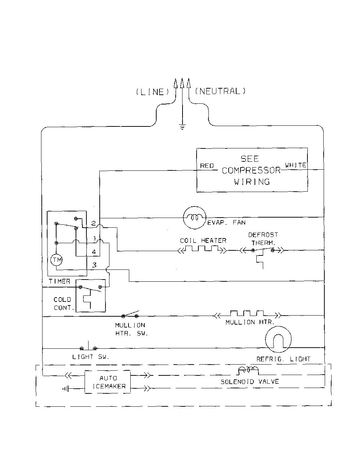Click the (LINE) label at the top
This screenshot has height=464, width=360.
coord(152,92)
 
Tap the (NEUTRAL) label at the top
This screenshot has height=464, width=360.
coord(220,91)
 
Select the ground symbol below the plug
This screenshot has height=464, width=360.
coord(182,127)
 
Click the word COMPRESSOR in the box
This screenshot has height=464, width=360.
coord(251,170)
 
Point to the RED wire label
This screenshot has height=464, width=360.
coord(207,166)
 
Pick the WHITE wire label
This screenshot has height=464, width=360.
coord(296,165)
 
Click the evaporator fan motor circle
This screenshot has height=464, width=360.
coord(194,218)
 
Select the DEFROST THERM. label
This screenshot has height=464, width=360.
coord(263,239)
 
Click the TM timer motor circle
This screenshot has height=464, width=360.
coord(57,260)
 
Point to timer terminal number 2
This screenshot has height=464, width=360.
coord(94,223)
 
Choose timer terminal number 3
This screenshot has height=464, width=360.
coord(94,265)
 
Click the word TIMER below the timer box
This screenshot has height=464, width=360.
coord(59,281)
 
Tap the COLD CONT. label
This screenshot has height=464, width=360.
coord(64,304)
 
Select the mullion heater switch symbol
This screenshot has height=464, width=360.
coord(130,314)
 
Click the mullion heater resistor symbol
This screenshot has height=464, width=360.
coord(247,314)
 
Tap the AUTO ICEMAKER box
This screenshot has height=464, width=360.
coord(108,382)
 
